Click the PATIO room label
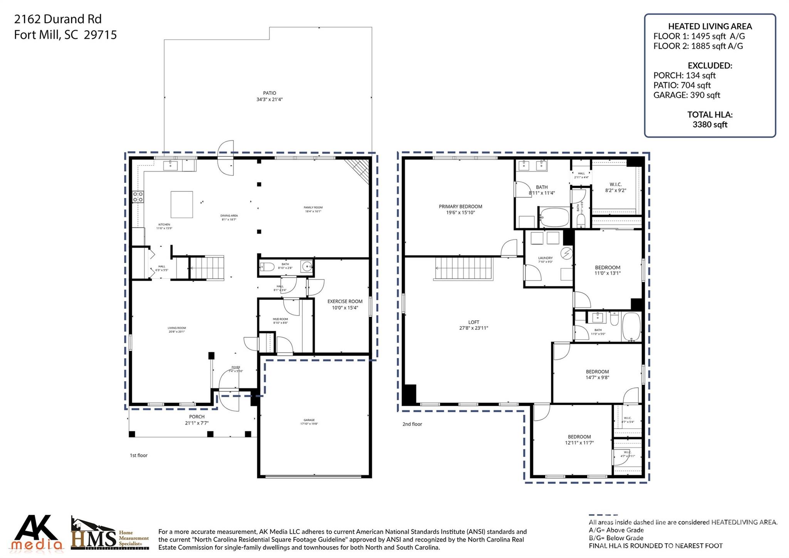point(269,93)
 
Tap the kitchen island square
point(182,204)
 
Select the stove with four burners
point(138,197)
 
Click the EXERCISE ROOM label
point(345,302)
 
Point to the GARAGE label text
point(309,420)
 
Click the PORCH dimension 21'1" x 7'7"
point(197,423)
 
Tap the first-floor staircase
point(207,267)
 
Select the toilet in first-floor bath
point(267,266)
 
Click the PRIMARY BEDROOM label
point(460,207)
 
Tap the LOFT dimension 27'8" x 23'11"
point(473,328)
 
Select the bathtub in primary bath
point(554,217)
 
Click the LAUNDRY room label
point(545,258)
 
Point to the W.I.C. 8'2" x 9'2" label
point(615,187)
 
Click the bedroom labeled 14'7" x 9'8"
point(597,374)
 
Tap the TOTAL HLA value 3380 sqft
point(710,125)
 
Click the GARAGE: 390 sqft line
point(687,95)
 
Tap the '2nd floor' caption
point(412,424)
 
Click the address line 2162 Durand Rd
point(58,19)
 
